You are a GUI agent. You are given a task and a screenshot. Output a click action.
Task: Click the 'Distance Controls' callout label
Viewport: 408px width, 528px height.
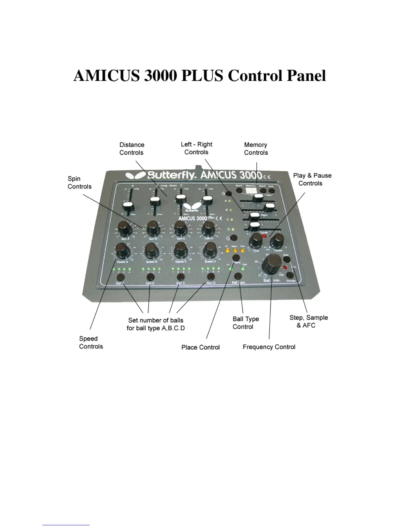pyautogui.click(x=132, y=149)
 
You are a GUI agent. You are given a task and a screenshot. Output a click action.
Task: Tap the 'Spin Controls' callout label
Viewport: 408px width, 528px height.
pyautogui.click(x=79, y=183)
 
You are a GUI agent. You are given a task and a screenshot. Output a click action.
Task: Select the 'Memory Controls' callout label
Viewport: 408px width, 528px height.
pyautogui.click(x=256, y=149)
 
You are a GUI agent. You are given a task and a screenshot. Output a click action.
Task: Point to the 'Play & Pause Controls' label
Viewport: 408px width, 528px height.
pyautogui.click(x=312, y=179)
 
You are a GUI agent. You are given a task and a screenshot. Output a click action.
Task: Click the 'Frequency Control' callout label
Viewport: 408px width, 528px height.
pyautogui.click(x=269, y=347)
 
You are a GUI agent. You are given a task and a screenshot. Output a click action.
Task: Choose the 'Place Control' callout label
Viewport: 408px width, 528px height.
pyautogui.click(x=200, y=347)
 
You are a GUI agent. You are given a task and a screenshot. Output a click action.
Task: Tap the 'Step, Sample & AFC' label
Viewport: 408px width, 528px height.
pyautogui.click(x=308, y=321)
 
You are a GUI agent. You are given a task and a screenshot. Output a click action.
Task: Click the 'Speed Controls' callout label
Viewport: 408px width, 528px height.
pyautogui.click(x=91, y=342)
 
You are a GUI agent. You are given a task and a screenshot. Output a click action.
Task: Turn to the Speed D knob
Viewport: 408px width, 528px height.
pyautogui.click(x=210, y=250)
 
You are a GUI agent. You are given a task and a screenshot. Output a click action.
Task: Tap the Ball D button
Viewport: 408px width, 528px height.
pyautogui.click(x=210, y=277)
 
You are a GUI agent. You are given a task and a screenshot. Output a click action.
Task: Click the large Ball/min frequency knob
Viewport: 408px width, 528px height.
pyautogui.click(x=272, y=263)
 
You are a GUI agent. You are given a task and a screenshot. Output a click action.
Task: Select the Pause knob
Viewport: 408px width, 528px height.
pyautogui.click(x=277, y=240)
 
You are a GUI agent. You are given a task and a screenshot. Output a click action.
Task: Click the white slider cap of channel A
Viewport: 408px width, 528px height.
pyautogui.click(x=128, y=206)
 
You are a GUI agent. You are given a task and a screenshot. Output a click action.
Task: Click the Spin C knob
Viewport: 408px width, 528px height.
pyautogui.click(x=180, y=228)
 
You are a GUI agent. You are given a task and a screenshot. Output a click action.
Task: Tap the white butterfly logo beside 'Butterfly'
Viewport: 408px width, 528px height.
pyautogui.click(x=135, y=175)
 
